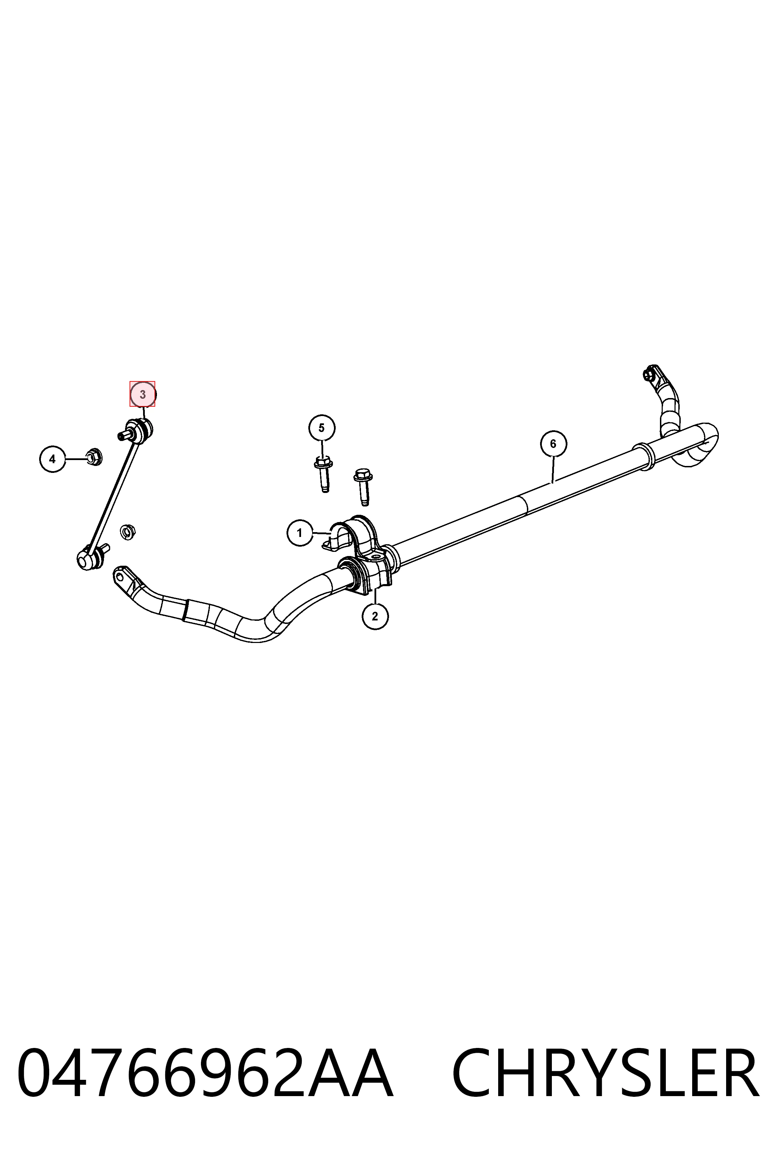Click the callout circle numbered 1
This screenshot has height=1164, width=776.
point(300,533)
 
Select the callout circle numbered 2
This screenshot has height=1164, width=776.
point(375,616)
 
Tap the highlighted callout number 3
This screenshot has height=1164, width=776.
point(142,395)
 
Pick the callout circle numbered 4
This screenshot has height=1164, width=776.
point(52,459)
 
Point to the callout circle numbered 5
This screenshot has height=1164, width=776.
point(322,427)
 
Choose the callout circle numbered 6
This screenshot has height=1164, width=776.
point(553,444)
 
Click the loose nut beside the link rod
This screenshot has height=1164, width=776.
point(128,532)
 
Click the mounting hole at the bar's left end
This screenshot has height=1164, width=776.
point(120,575)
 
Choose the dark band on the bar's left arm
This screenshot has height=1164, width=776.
point(185,610)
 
